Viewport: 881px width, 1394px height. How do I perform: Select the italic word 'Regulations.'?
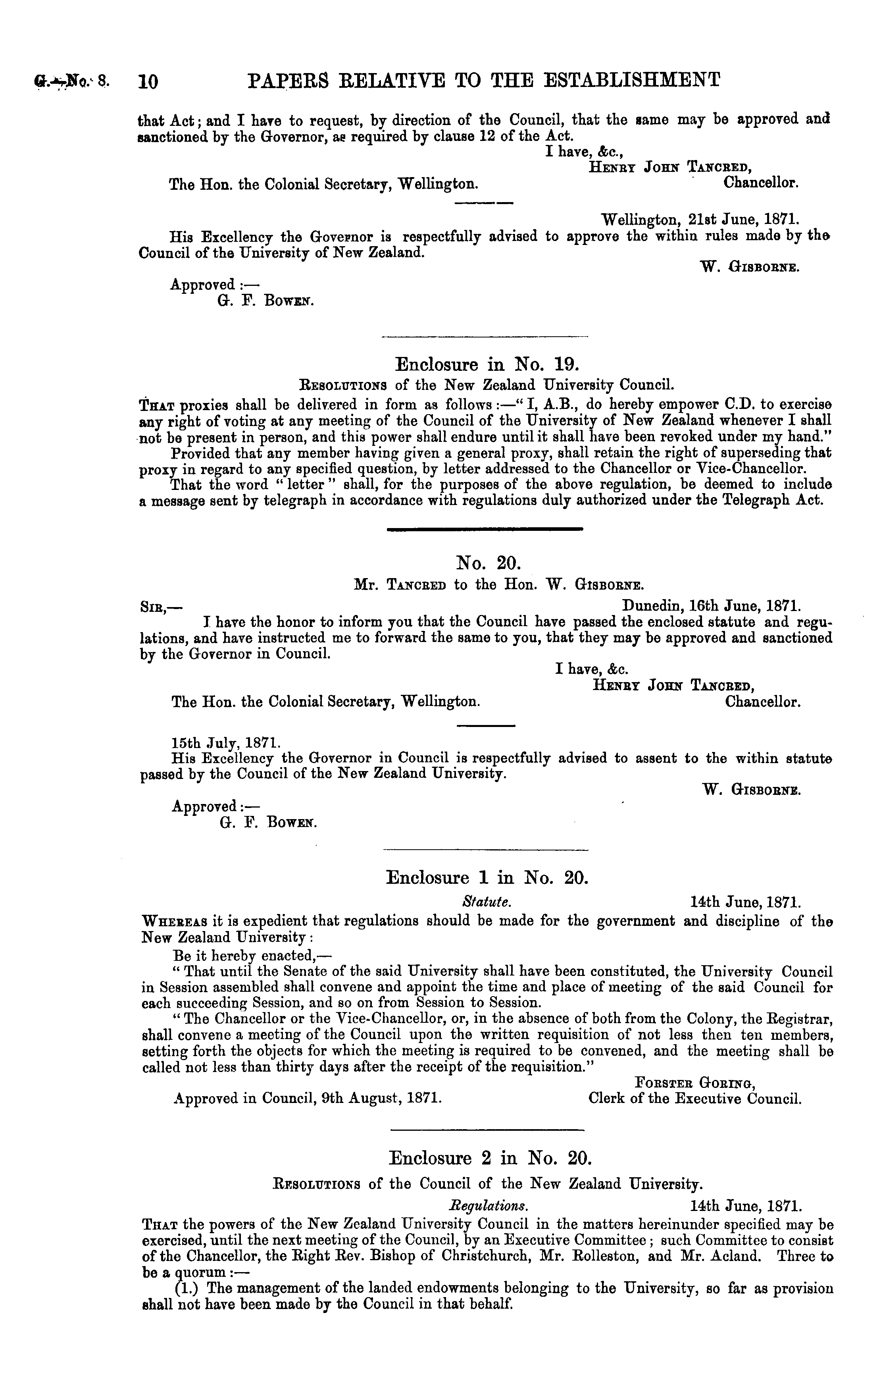(x=489, y=1206)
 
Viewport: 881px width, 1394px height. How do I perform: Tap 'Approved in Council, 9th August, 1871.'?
(x=308, y=1098)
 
